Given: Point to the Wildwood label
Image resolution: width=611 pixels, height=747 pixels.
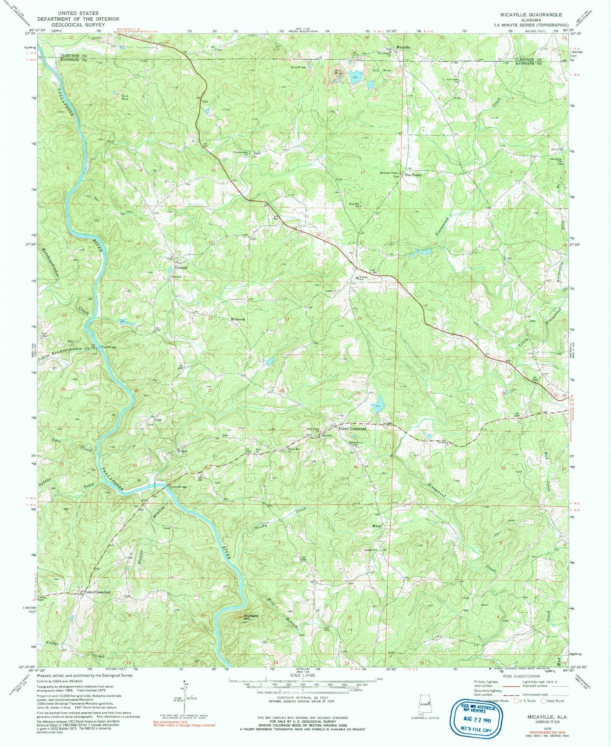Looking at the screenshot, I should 237,319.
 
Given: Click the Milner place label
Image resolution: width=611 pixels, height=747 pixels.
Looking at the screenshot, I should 377,526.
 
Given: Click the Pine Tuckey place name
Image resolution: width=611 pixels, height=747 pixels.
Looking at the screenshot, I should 414,175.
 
